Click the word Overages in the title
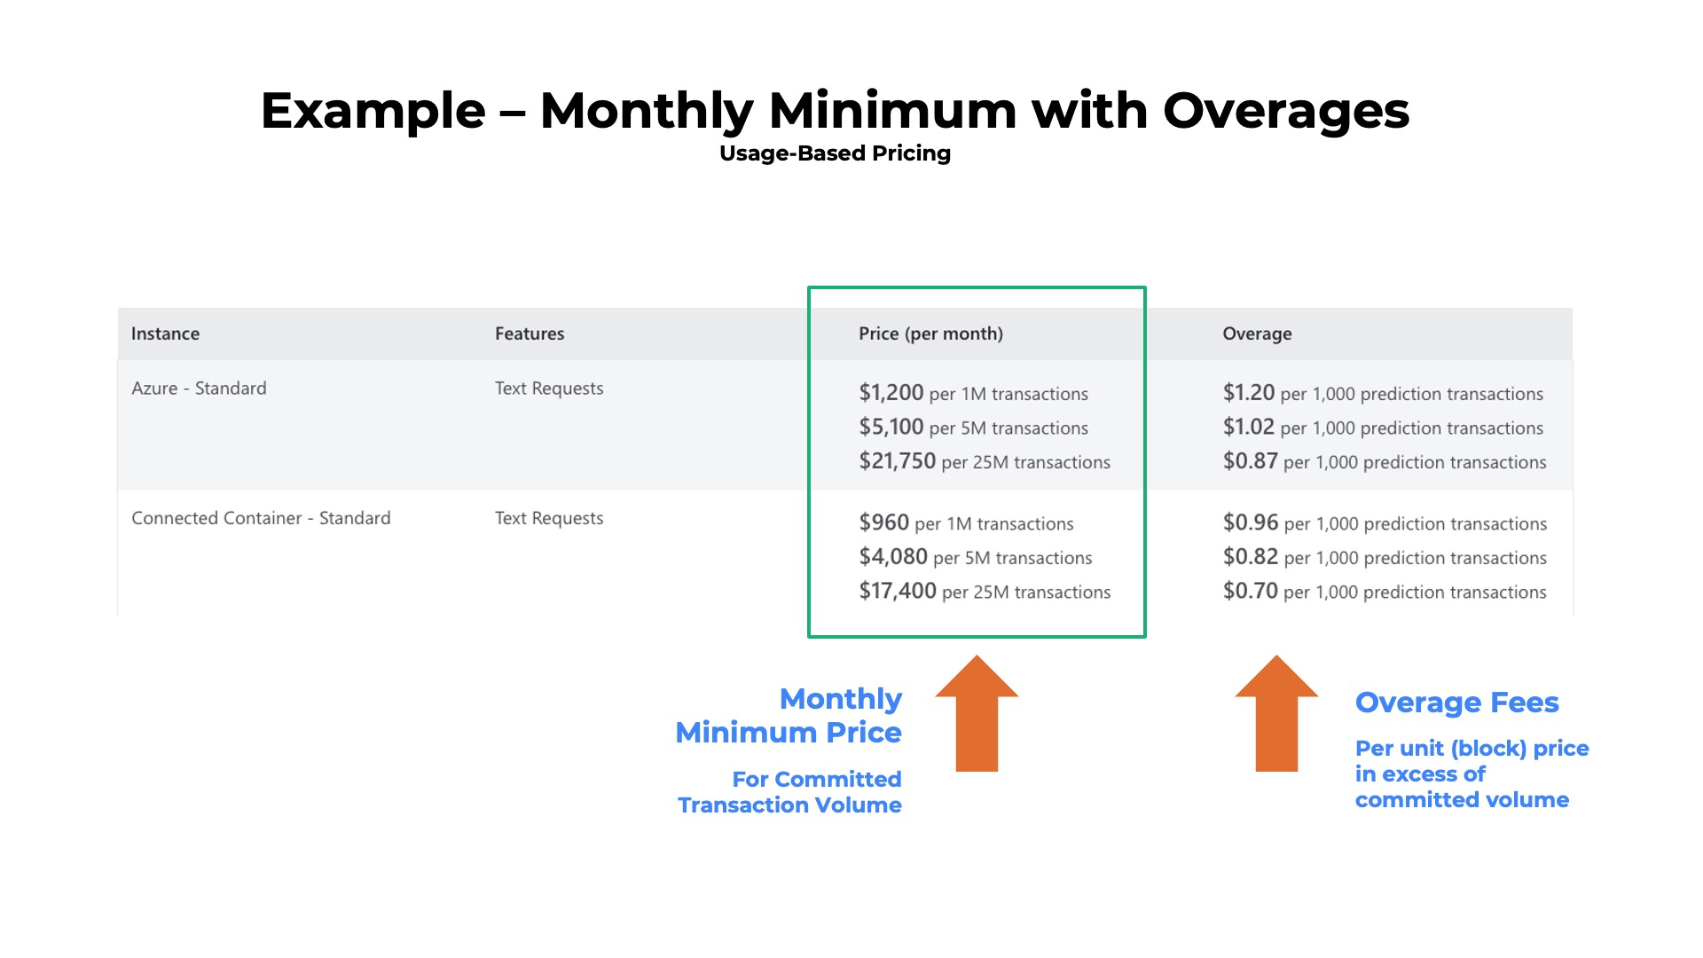(1285, 112)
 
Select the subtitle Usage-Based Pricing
(835, 153)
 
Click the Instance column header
(165, 334)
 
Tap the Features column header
(530, 334)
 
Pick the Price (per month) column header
(930, 334)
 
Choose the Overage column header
(1257, 334)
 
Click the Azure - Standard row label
(199, 389)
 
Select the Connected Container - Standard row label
(261, 518)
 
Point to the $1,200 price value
(891, 393)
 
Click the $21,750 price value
(897, 461)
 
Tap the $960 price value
(883, 522)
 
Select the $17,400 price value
(897, 591)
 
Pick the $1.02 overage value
(1248, 427)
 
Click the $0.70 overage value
(1250, 591)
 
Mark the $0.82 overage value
(1250, 557)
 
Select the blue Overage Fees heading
(1456, 703)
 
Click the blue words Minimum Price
(788, 733)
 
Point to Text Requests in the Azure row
(549, 389)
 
